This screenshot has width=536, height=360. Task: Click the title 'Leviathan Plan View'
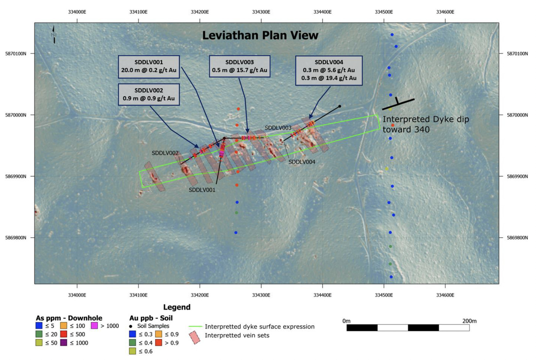point(260,35)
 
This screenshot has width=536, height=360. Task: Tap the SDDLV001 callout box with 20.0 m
point(149,67)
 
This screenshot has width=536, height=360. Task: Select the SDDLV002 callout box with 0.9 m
point(149,95)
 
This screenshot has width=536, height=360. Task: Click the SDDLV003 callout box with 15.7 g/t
point(240,66)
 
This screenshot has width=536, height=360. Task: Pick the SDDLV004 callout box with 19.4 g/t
point(329,71)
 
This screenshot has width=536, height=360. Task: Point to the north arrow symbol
point(54,35)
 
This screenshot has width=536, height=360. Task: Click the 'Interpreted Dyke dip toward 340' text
point(426,124)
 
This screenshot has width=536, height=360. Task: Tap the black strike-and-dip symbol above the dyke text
point(398,104)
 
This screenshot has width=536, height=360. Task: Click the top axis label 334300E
point(261,12)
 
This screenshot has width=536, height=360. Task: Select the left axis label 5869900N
point(16,176)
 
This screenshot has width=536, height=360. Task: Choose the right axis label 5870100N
point(517,54)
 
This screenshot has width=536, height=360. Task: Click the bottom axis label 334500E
point(384,295)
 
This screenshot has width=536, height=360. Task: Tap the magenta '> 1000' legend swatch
point(95,326)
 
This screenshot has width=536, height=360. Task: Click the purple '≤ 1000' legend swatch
point(64,343)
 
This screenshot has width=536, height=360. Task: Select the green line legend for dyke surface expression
point(195,326)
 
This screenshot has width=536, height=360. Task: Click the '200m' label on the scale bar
point(469,321)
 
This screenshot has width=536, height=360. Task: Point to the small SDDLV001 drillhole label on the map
point(202,190)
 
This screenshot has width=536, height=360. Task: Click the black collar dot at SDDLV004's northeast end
point(340,106)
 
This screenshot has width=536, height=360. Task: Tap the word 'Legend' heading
point(177,307)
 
